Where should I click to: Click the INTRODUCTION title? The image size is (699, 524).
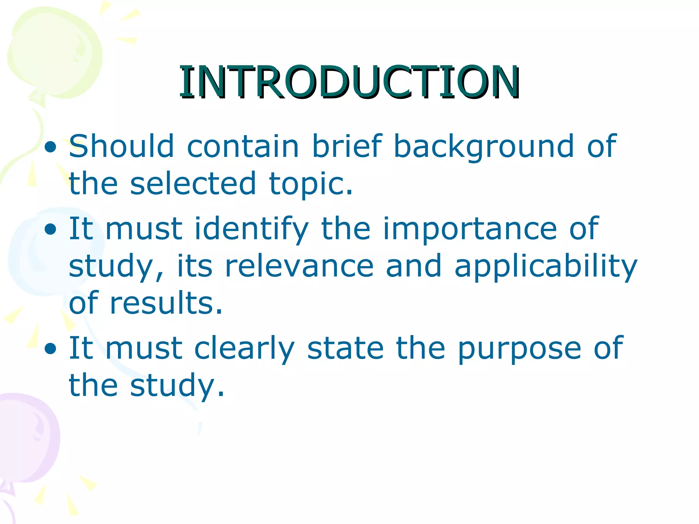tap(349, 82)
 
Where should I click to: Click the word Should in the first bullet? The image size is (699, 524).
tap(122, 146)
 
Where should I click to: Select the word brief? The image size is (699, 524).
tap(347, 146)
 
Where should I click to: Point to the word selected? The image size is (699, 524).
tap(193, 183)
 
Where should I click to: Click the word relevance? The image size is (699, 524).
tap(299, 266)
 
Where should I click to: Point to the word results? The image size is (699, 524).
tap(166, 303)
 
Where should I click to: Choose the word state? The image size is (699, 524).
tap(345, 348)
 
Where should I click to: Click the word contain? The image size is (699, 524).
tap(243, 146)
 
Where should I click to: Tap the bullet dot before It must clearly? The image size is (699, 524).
tap(50, 349)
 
